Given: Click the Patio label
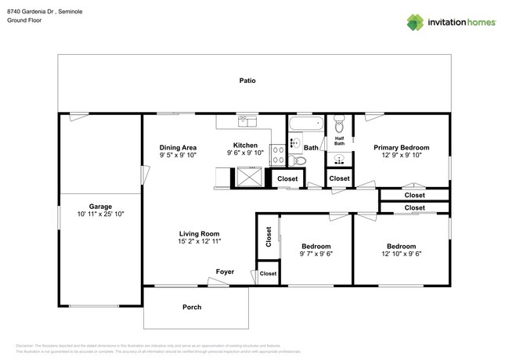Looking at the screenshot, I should pyautogui.click(x=247, y=81).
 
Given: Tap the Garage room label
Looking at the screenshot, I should pyautogui.click(x=99, y=206).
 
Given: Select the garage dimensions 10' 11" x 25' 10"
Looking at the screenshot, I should pyautogui.click(x=99, y=214).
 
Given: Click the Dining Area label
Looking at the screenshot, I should pyautogui.click(x=178, y=147).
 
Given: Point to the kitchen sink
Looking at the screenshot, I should pyautogui.click(x=247, y=121).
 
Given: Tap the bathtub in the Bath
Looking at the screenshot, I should pyautogui.click(x=305, y=124).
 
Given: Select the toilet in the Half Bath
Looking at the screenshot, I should pyautogui.click(x=339, y=125).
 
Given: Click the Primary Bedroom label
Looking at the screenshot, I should pyautogui.click(x=401, y=147).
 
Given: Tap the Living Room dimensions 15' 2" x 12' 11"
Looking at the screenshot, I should pyautogui.click(x=200, y=242).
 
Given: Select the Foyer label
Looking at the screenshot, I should pyautogui.click(x=226, y=272).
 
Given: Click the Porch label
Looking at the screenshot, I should pyautogui.click(x=193, y=307).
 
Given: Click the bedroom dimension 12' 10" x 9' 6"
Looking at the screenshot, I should pyautogui.click(x=400, y=254).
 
